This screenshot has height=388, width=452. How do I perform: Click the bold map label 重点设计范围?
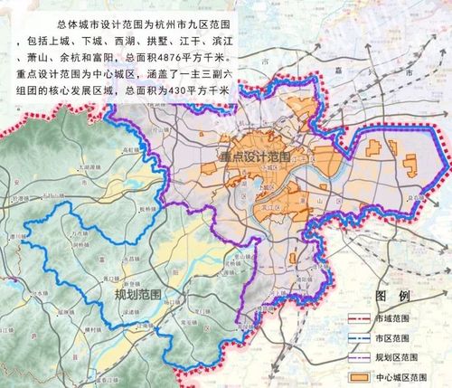point(254,156)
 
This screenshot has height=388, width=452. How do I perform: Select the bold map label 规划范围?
point(137,295)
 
